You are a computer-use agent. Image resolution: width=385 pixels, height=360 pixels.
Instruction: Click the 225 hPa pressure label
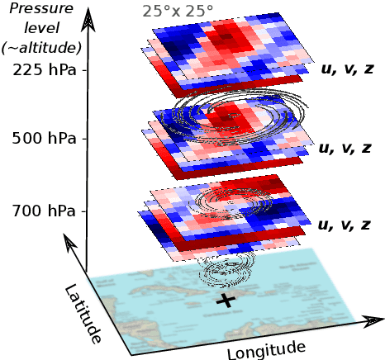[44, 69]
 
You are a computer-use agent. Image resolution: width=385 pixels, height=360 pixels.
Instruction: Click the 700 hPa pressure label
[44, 211]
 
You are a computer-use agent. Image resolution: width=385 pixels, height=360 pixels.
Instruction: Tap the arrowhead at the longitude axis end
[373, 320]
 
